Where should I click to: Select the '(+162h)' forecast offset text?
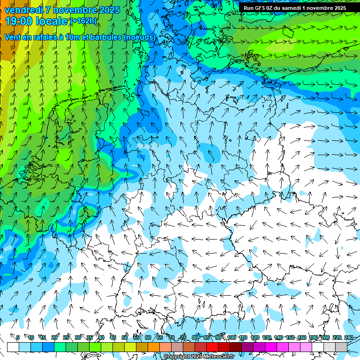coord(83,21)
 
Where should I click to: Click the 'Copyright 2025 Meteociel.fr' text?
coord(199,356)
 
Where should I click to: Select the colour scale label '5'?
coord(18,337)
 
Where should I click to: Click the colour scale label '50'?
coord(124,337)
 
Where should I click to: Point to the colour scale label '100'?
coord(232,337)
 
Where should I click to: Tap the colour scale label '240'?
coord(349,337)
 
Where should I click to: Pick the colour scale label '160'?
coord(302,337)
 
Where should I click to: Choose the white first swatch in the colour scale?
coord(13,347)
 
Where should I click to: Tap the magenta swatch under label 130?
coord(271,347)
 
